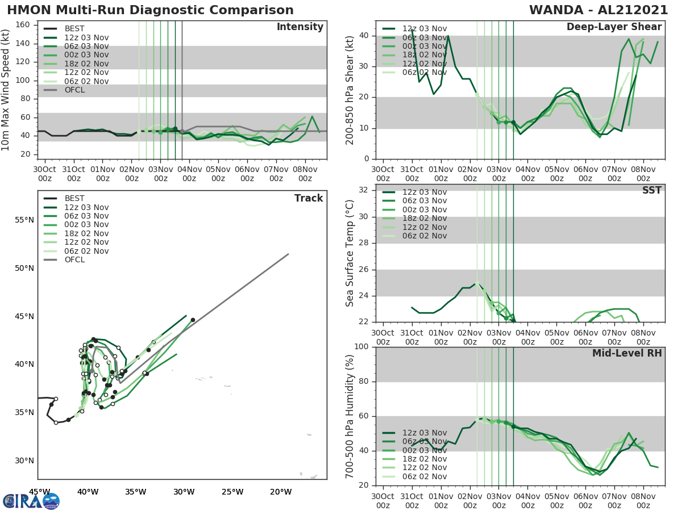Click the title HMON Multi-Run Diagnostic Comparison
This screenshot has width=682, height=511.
(x=150, y=10)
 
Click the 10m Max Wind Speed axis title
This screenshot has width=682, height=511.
(x=6, y=90)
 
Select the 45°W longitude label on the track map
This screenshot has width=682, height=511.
(x=39, y=492)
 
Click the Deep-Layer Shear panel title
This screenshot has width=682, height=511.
(x=614, y=27)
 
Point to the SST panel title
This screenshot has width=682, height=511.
(x=652, y=190)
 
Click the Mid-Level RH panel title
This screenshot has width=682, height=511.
(x=627, y=354)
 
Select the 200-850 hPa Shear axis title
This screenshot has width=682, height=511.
(x=351, y=90)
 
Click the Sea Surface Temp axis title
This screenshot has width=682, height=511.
(x=351, y=253)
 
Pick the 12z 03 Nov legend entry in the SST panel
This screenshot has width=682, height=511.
(x=424, y=192)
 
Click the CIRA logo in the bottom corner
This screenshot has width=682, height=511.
(x=31, y=501)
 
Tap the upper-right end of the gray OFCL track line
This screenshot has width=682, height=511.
(x=288, y=254)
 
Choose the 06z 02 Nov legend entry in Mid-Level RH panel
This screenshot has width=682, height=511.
(x=424, y=477)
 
